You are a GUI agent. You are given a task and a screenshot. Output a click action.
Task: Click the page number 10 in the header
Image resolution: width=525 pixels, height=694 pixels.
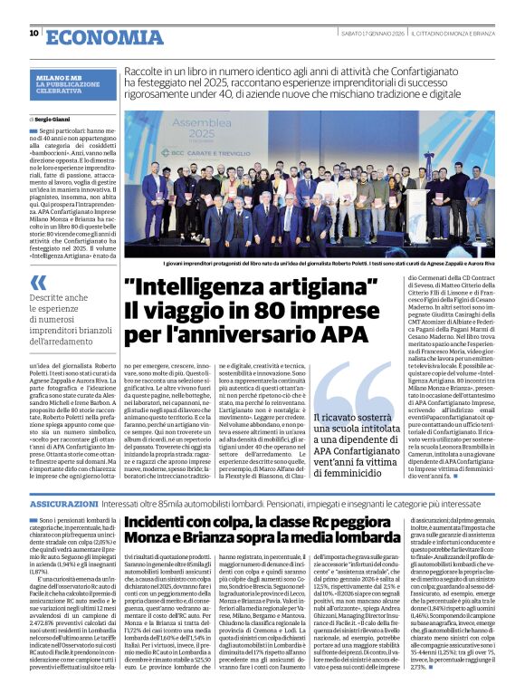coord(33,33)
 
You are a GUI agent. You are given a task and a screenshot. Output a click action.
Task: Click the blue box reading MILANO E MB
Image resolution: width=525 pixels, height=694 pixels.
coord(62,79)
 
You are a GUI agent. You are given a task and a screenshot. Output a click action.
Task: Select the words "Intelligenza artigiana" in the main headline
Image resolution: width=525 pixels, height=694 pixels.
coord(251,289)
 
